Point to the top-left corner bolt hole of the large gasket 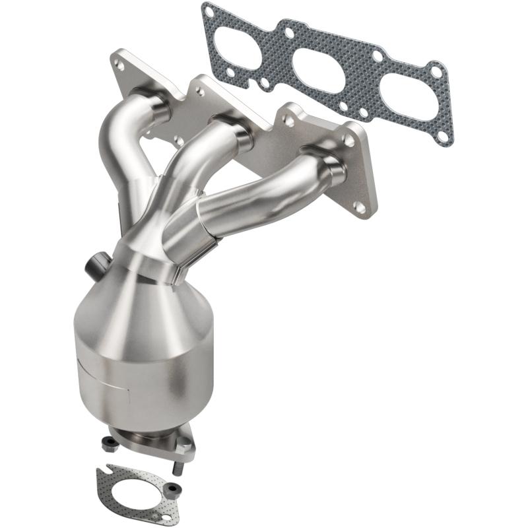(210, 11)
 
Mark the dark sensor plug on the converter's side (93, 266)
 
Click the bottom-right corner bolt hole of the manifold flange (359, 207)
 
